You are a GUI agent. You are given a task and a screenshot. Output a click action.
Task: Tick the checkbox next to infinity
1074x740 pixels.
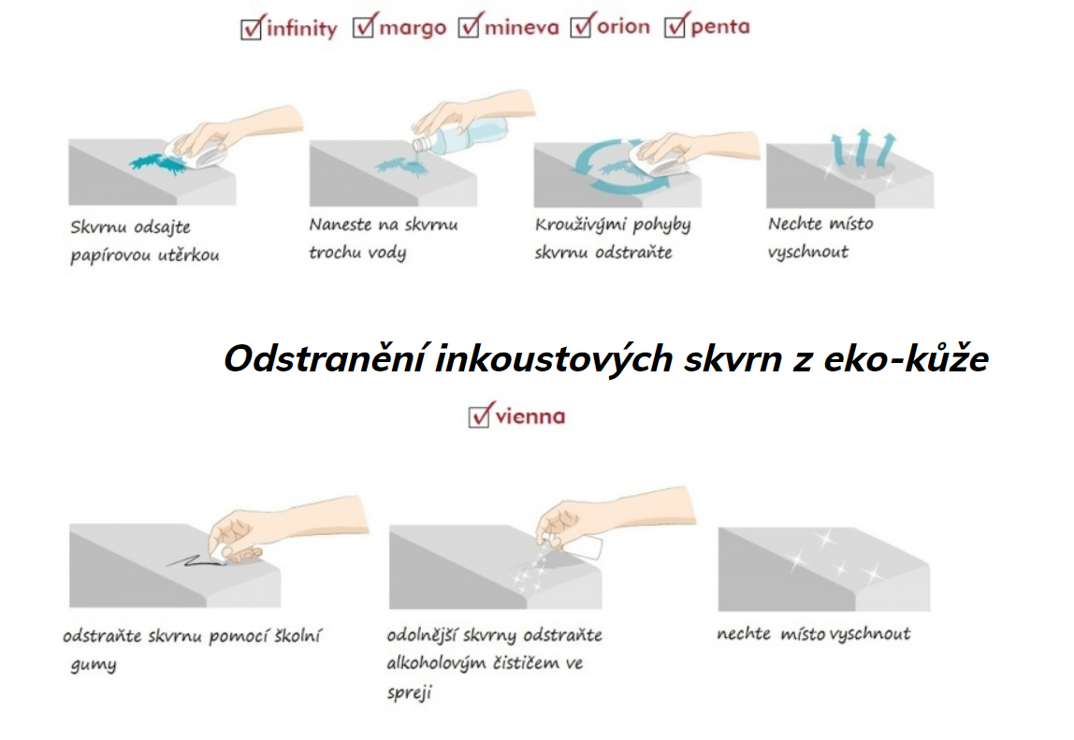(x=252, y=28)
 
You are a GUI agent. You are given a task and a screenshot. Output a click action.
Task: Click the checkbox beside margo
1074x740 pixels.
(x=364, y=27)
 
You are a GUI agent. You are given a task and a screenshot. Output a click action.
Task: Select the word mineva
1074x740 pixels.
(x=522, y=27)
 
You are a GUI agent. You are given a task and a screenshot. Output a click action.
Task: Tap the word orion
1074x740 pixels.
(x=623, y=27)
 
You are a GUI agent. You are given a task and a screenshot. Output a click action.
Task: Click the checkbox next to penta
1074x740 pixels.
(x=675, y=26)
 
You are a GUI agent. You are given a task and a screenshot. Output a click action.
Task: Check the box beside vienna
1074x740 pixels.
(x=479, y=415)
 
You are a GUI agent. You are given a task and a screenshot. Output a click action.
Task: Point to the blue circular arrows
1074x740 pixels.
(x=619, y=167)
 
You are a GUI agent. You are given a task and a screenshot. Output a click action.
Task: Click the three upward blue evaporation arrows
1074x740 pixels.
(x=863, y=147)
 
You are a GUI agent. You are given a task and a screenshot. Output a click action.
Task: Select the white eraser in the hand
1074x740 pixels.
(x=219, y=555)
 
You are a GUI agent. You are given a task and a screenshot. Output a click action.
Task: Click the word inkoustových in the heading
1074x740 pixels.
(x=554, y=358)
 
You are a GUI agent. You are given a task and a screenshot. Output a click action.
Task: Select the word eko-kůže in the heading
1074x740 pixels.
(x=907, y=357)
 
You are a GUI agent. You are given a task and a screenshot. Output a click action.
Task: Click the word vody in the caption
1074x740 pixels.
(x=387, y=253)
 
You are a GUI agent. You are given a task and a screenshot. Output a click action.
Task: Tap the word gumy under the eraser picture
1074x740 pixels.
(x=94, y=665)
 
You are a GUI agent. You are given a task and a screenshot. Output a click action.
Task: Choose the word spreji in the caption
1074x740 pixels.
(x=410, y=692)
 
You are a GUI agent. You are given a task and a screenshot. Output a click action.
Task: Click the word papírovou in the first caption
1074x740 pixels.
(x=110, y=255)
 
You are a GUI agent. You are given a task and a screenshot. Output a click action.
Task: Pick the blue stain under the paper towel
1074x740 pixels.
(x=157, y=164)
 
